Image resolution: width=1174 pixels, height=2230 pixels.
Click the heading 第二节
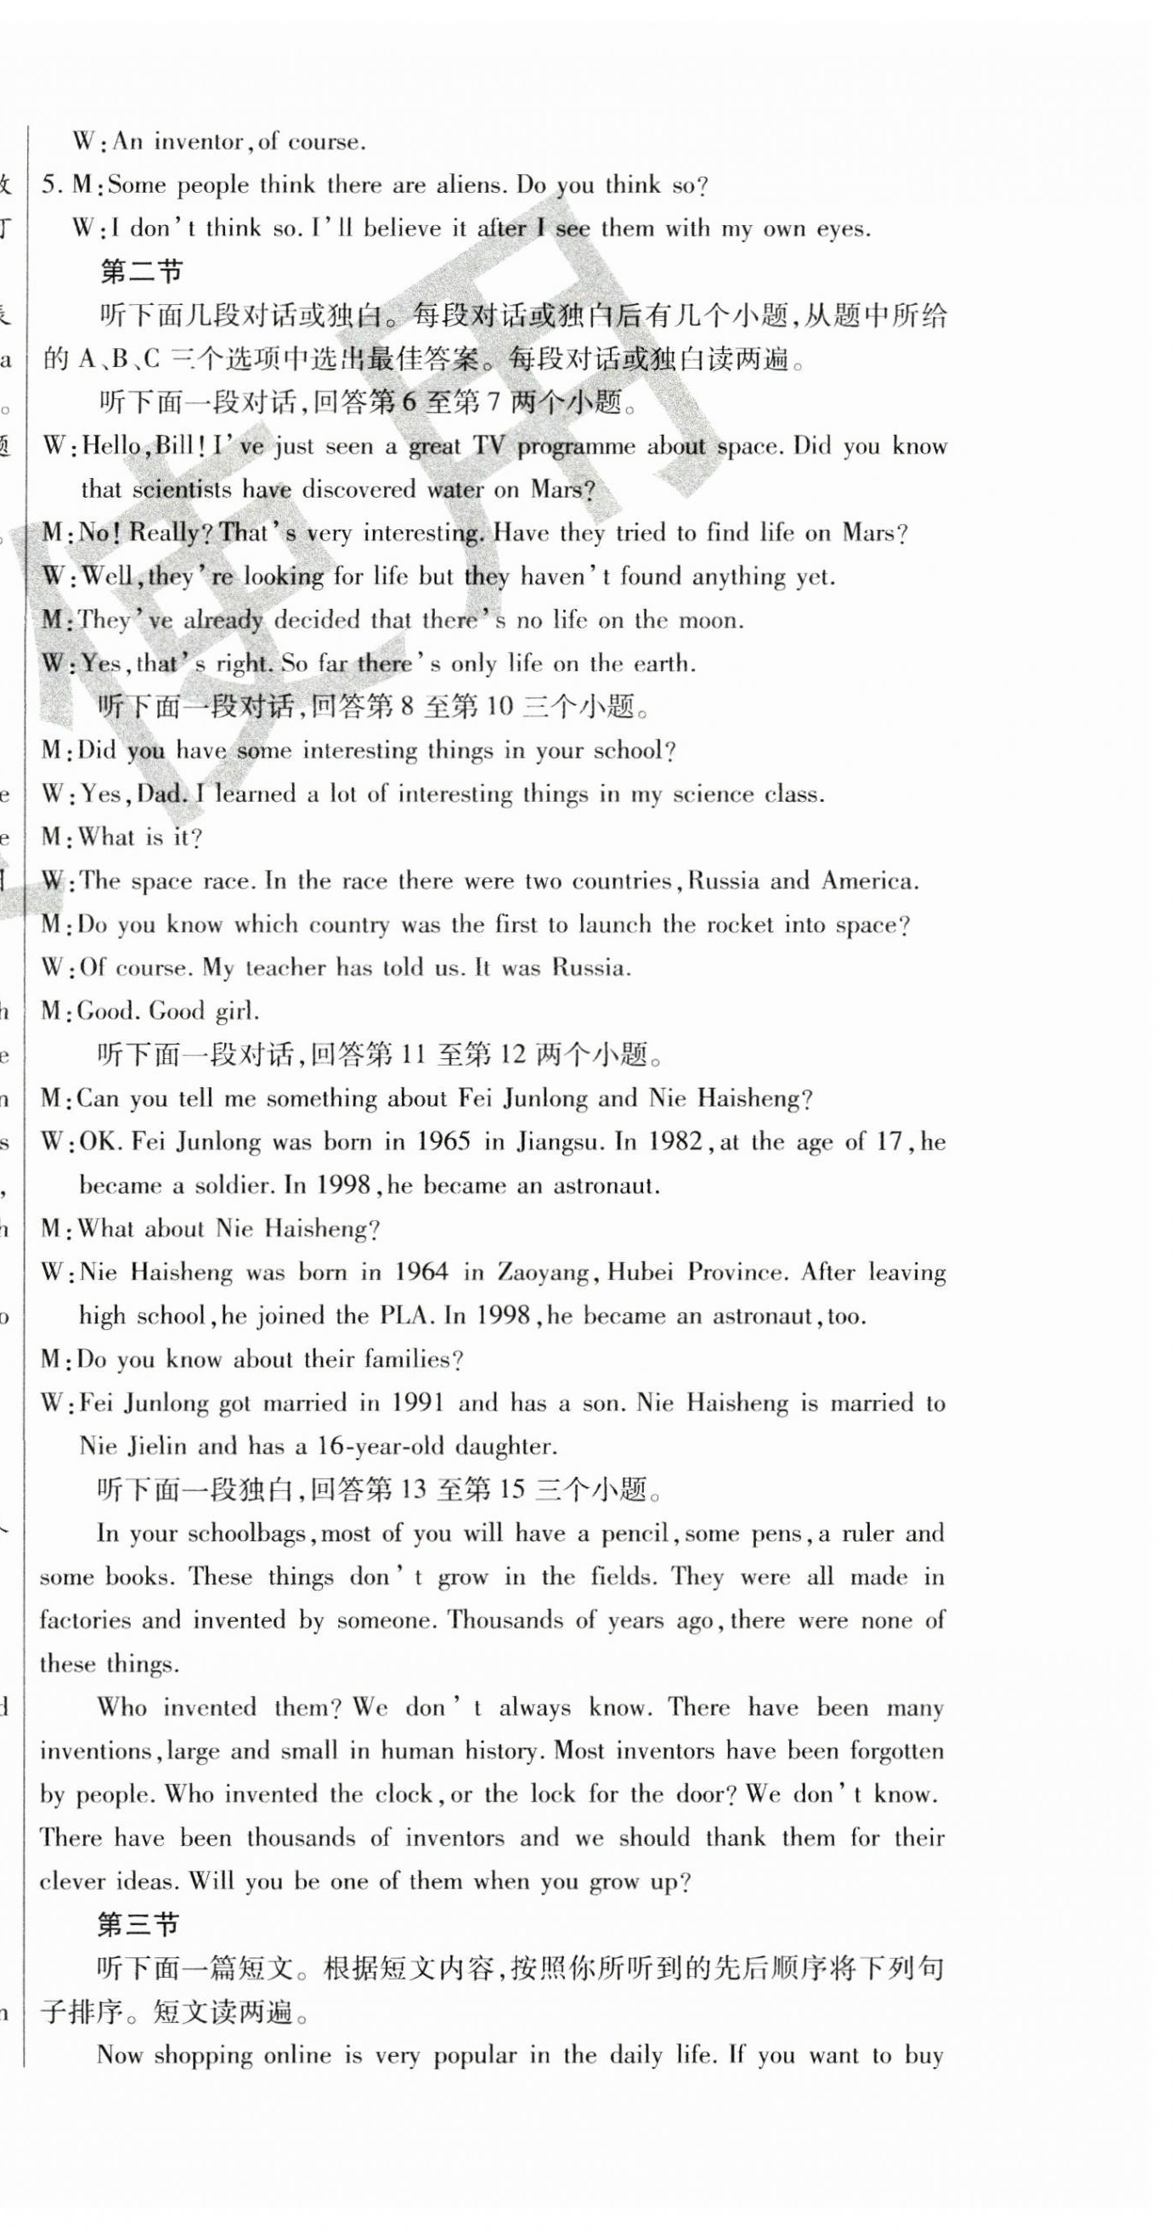click(142, 272)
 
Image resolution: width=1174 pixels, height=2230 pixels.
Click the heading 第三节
click(138, 1924)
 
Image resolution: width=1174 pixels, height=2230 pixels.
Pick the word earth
click(662, 664)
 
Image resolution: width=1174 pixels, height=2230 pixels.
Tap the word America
click(868, 881)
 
